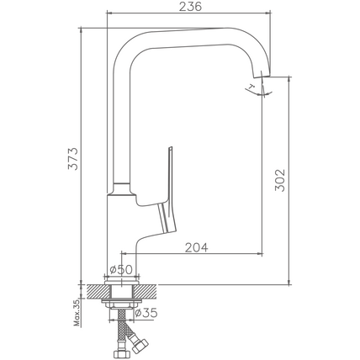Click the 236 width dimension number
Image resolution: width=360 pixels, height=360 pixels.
coord(190,7)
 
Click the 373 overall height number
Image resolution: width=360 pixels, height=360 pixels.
coord(73,158)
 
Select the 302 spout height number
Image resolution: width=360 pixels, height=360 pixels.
coord(280,180)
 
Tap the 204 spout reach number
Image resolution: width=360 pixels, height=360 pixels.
coord(197,247)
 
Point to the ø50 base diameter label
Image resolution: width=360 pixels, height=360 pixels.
coord(121,269)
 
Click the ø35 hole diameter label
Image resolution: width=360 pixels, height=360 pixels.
coord(146,313)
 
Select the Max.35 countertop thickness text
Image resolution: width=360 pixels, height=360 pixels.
coord(77,313)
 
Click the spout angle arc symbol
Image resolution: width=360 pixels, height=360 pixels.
coord(258,93)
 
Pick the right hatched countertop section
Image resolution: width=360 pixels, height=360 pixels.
coord(146,291)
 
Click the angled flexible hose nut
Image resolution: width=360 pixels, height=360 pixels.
coord(140,346)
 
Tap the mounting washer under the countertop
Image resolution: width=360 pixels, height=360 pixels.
coord(121,301)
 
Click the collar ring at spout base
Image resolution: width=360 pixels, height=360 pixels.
coord(122,188)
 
